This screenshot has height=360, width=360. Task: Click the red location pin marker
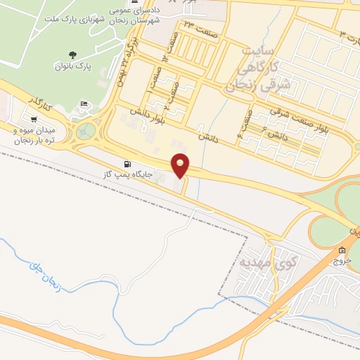tap(181, 165)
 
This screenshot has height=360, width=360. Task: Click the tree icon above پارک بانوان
tap(72, 55)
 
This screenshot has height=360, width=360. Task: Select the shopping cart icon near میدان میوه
tap(34, 119)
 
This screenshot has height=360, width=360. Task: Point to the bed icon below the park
tap(84, 105)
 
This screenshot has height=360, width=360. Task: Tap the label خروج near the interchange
tap(342, 260)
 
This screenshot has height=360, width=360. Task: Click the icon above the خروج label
tap(342, 250)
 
